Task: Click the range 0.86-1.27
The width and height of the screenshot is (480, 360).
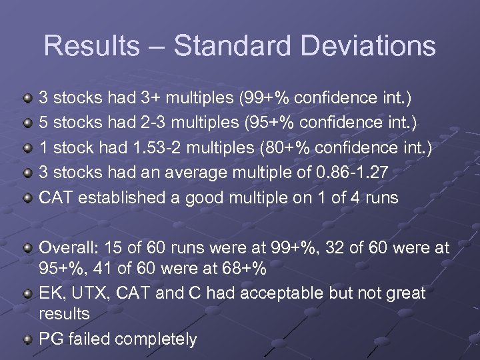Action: (x=353, y=172)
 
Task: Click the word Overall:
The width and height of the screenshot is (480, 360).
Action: (x=67, y=248)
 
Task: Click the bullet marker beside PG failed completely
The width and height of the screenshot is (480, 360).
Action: (x=27, y=339)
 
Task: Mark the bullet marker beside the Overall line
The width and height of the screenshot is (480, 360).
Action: (x=27, y=248)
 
